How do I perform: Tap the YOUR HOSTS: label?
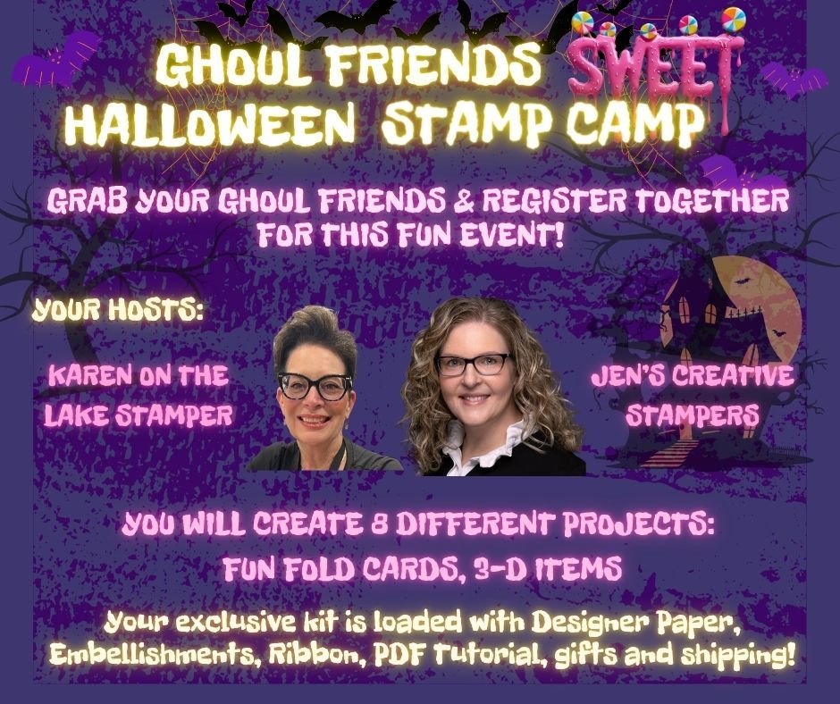(117, 311)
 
